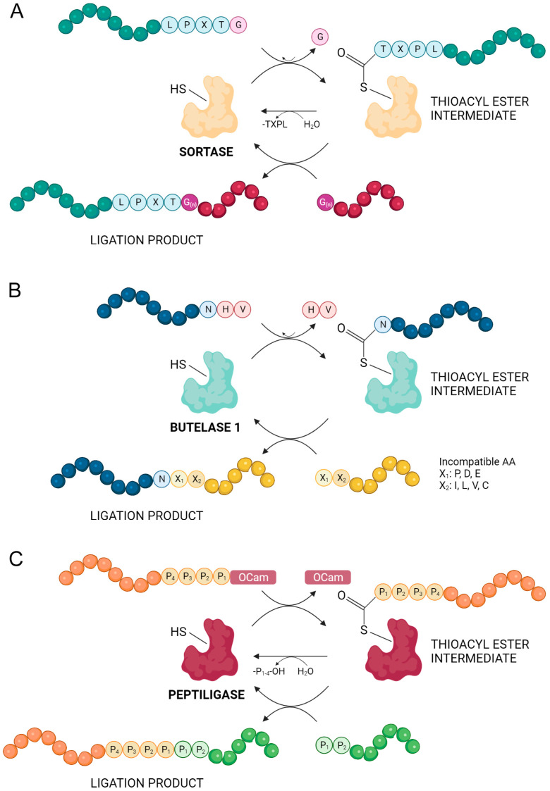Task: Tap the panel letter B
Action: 20,274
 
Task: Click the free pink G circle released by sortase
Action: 320,36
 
